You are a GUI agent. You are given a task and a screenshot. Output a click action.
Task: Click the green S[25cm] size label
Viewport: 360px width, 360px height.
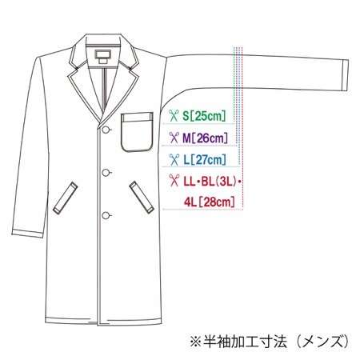[x=204, y=116]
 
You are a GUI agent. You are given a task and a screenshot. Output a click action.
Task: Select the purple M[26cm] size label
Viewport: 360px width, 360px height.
[x=205, y=138]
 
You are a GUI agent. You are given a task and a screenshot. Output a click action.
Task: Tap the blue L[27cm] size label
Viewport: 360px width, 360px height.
[x=205, y=159]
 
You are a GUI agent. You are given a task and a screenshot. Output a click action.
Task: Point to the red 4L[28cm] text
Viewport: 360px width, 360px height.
[x=210, y=202]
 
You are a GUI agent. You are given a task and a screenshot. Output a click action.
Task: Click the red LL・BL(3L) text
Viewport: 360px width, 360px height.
[x=210, y=182]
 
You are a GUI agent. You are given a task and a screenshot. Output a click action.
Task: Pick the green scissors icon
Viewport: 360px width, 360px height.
[x=174, y=116]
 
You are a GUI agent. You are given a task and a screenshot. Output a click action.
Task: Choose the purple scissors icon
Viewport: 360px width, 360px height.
[x=174, y=138]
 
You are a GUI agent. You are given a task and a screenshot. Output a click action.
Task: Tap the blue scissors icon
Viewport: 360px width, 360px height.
[x=174, y=159]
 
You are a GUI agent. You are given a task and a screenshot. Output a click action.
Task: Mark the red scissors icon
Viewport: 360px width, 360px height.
[x=174, y=180]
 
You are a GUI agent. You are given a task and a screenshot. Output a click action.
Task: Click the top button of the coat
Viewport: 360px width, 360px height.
[x=106, y=130]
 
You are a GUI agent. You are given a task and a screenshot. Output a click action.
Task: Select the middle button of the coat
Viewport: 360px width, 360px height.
[x=106, y=173]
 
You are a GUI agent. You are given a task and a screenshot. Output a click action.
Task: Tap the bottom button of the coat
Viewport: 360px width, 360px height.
[x=106, y=215]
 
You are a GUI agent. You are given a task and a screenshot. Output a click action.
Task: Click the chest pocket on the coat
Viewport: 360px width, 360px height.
[x=137, y=132]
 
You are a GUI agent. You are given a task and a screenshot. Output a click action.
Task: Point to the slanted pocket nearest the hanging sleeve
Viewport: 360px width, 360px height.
[x=66, y=198]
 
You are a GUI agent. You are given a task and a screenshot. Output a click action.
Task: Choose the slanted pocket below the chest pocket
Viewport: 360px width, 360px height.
[x=142, y=198]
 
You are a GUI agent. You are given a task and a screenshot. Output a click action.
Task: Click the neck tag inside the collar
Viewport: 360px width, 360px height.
[x=102, y=56]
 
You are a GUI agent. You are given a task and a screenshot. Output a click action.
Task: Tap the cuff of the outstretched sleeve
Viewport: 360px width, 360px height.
[x=345, y=75]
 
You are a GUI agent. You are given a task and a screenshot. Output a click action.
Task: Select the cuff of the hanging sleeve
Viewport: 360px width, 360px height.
[x=28, y=233]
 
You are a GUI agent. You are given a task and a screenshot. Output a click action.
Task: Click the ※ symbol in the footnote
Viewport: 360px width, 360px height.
[x=195, y=342]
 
